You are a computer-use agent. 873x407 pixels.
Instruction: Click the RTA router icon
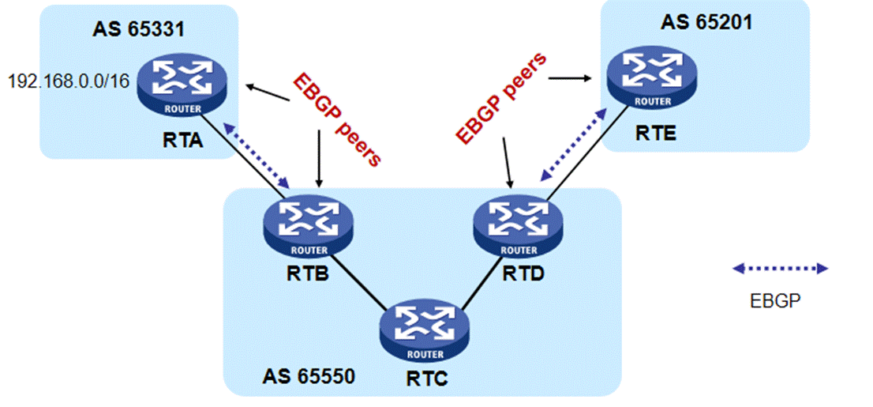pyautogui.click(x=182, y=87)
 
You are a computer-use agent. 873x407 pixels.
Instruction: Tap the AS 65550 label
pyautogui.click(x=308, y=375)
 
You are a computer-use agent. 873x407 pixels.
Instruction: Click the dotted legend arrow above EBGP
pyautogui.click(x=781, y=269)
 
